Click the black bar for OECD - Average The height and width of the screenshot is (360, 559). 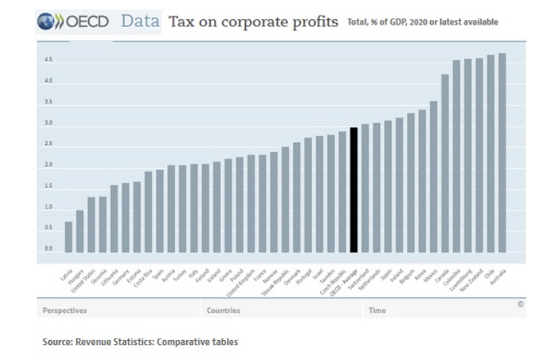point(353,190)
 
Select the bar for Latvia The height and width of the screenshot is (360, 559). point(68,237)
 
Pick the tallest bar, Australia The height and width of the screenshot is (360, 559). point(502,152)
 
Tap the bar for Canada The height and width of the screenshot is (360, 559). point(444,163)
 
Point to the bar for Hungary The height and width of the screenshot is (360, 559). point(80,231)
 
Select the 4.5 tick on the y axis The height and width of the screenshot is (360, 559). point(48,60)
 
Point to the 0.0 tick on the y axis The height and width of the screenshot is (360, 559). point(48,249)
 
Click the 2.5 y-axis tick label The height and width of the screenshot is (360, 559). point(48,144)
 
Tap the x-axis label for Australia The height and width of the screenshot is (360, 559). point(497,277)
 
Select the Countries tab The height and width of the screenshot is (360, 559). point(223,310)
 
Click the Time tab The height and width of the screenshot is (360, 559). point(377,310)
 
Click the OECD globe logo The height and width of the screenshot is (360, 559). point(46,22)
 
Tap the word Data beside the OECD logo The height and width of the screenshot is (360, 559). point(140,21)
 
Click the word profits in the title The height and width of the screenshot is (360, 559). point(311,22)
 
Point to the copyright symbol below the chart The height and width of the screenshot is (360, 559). point(521,304)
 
